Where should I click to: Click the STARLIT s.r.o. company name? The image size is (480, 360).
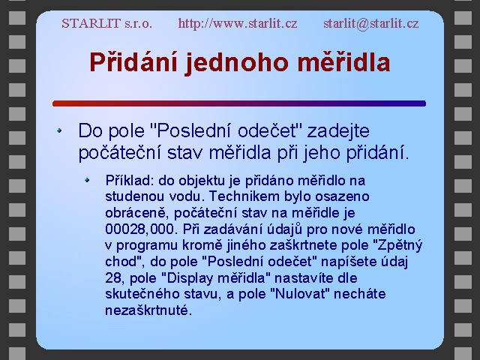pyautogui.click(x=106, y=23)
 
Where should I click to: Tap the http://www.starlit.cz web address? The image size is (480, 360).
pyautogui.click(x=238, y=23)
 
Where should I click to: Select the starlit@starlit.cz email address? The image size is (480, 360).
pyautogui.click(x=371, y=23)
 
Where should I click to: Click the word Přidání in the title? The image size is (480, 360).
pyautogui.click(x=133, y=62)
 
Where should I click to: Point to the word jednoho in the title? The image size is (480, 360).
pyautogui.click(x=237, y=63)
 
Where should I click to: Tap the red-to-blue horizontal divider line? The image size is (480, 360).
pyautogui.click(x=239, y=103)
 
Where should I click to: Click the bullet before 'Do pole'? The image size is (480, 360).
pyautogui.click(x=59, y=130)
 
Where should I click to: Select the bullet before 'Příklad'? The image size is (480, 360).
pyautogui.click(x=87, y=180)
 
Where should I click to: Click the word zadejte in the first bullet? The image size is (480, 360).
pyautogui.click(x=338, y=131)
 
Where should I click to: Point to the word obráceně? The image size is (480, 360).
pyautogui.click(x=137, y=213)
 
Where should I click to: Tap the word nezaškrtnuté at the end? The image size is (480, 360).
pyautogui.click(x=148, y=310)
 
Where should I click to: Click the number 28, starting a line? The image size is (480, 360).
pyautogui.click(x=115, y=278)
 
